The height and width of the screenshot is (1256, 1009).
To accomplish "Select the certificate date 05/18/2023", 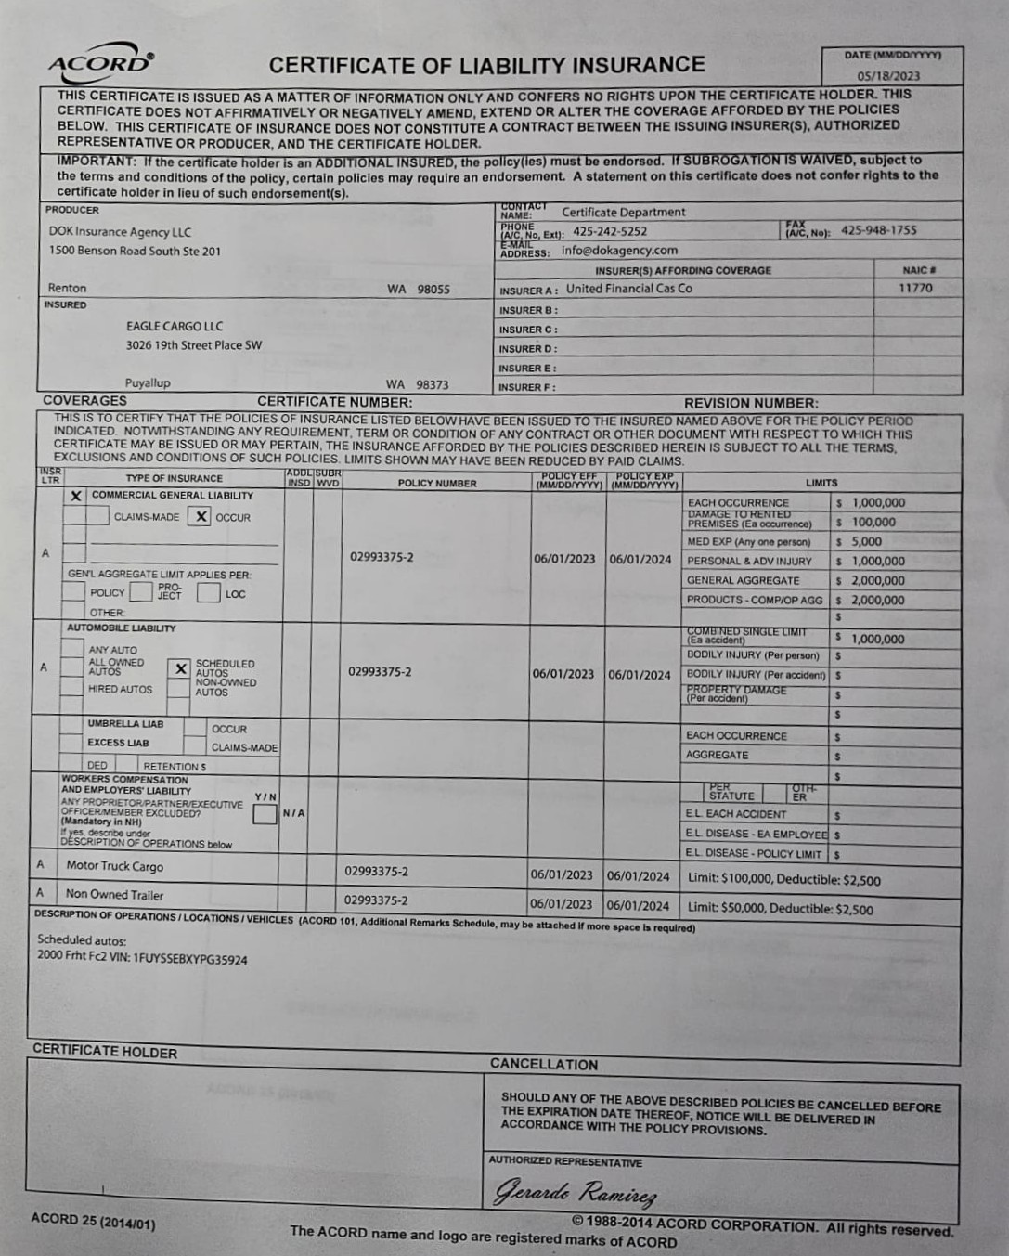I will click(x=888, y=76).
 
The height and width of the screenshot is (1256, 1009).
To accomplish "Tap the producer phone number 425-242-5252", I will click(x=610, y=231).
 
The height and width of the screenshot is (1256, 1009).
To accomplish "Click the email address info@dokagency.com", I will click(x=619, y=251).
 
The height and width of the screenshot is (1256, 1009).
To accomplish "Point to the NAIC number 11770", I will click(x=915, y=289).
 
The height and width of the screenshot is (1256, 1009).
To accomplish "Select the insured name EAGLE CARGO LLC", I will click(x=175, y=326).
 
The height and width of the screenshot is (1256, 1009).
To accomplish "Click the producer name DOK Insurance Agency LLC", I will click(x=120, y=232).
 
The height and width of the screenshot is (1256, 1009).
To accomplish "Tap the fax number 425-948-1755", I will click(x=878, y=230).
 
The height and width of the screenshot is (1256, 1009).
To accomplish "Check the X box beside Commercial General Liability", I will click(x=76, y=496).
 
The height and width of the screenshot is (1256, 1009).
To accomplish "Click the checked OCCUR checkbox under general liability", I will click(x=201, y=517).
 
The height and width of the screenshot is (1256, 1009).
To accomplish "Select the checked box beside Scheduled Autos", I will click(x=180, y=668).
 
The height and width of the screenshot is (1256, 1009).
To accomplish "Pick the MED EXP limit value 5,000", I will click(x=866, y=541).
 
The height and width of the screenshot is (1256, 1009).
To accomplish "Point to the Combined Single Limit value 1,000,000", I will click(x=877, y=639).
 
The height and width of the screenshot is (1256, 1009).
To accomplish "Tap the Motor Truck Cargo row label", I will click(x=114, y=866).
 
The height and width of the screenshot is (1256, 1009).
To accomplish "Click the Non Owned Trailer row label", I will click(x=114, y=895).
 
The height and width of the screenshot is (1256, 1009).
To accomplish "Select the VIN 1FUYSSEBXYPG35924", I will click(x=190, y=959).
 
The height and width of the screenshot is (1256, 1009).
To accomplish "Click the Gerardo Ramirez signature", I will click(x=576, y=1192).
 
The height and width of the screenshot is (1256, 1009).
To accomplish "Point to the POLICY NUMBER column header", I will click(x=436, y=483).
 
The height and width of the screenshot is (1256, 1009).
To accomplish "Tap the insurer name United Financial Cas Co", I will click(x=629, y=289).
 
